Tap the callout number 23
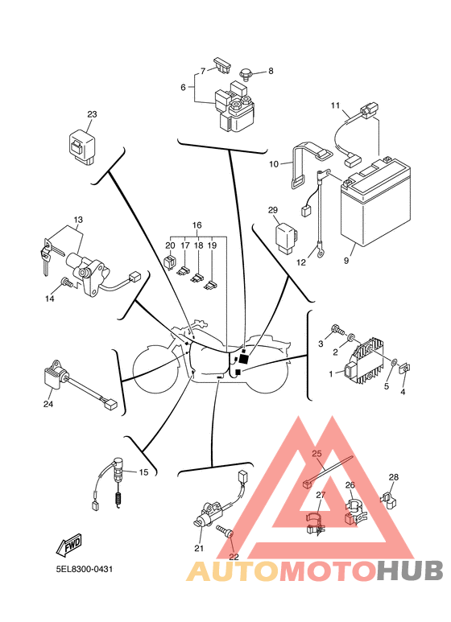pos(91,114)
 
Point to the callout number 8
pos(271,71)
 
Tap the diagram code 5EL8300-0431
pos(84,570)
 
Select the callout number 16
pos(196,224)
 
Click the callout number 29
pos(274,210)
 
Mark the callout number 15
pos(144,472)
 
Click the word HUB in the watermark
pos(411,571)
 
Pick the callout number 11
pos(336,105)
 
